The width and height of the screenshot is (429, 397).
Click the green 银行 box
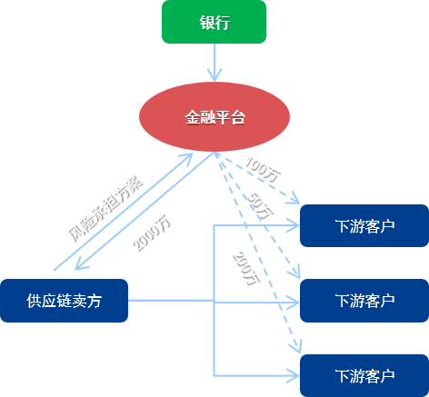[x=214, y=22]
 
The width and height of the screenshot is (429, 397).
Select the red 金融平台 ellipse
[x=214, y=117]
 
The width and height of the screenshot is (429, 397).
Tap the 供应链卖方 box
[x=64, y=301]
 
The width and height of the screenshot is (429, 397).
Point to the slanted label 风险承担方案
[x=105, y=209]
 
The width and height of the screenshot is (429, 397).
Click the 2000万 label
[x=152, y=233]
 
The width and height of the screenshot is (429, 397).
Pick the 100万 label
[x=263, y=170]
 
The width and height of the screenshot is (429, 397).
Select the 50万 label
[x=260, y=206]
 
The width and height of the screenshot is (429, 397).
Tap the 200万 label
[x=246, y=268]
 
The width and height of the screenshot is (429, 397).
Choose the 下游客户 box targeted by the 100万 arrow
[x=364, y=225]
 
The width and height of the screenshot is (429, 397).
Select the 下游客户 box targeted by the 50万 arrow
[x=364, y=301]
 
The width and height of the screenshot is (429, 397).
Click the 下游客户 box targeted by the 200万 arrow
[x=364, y=375]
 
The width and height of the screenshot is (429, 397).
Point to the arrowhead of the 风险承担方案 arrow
[x=189, y=156]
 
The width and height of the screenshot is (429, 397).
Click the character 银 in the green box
[x=207, y=22]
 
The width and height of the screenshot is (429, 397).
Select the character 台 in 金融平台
[x=237, y=117]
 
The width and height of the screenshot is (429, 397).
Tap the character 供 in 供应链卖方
[x=34, y=301]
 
